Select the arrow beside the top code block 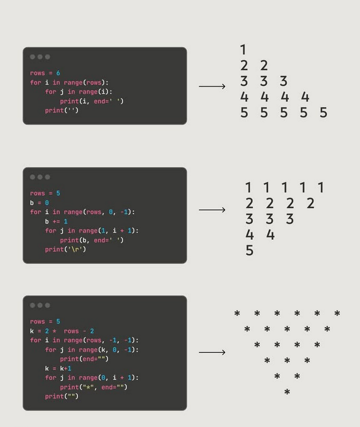[x=212, y=86]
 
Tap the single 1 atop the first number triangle [x=243, y=50]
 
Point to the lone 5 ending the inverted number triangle [x=249, y=250]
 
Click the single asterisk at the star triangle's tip [x=287, y=393]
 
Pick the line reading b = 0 [x=39, y=203]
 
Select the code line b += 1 [x=56, y=221]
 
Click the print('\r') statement [x=65, y=249]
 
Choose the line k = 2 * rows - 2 [x=62, y=331]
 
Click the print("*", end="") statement [x=93, y=387]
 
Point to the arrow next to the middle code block [x=212, y=210]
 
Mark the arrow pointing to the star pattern [x=212, y=352]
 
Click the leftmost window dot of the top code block [x=33, y=57]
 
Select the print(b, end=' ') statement [x=91, y=240]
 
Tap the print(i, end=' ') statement [x=91, y=101]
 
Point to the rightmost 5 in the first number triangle [x=323, y=113]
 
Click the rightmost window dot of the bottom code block [x=47, y=305]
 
